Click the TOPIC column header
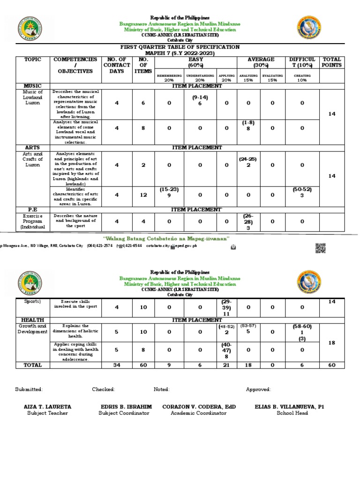[x=33, y=60]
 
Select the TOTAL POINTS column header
[x=332, y=62]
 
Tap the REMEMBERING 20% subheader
[x=169, y=77]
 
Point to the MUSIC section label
[x=33, y=86]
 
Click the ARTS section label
[x=33, y=148]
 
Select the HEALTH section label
[x=33, y=320]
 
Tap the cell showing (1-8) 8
[x=248, y=125]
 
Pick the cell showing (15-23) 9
[x=169, y=193]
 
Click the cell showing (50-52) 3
[x=302, y=193]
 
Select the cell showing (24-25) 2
[x=248, y=162]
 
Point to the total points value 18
[x=332, y=343]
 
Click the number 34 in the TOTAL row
[x=116, y=365]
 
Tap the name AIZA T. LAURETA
[x=47, y=407]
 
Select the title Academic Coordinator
[x=199, y=413]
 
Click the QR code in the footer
[x=320, y=248]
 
